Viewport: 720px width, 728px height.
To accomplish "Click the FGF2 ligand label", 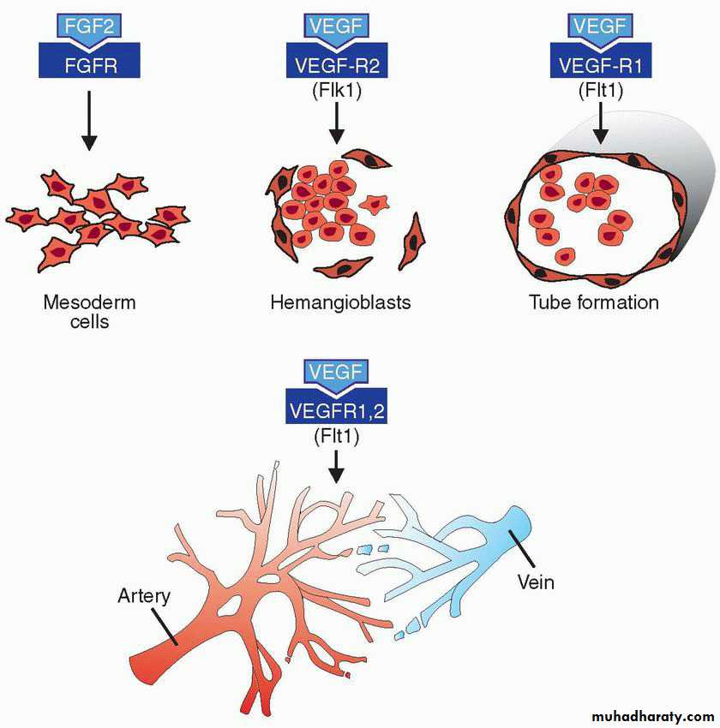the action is point(89,27).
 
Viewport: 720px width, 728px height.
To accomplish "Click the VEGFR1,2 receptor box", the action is point(336,407).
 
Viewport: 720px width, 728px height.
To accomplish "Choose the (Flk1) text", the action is point(337,90).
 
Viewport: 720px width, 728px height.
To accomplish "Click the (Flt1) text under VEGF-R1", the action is point(601,90).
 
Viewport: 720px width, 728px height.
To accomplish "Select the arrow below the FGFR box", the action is point(89,120).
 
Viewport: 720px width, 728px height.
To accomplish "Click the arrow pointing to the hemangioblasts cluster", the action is point(337,122).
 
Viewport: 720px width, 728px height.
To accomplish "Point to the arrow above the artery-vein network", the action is point(336,467).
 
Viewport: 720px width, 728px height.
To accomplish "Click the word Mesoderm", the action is point(90,302).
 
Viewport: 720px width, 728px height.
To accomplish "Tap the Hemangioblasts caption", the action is point(340,302).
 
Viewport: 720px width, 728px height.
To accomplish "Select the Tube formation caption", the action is point(594,302).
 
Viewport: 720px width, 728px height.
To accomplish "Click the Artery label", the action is point(144,596).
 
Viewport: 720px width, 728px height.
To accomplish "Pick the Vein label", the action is point(536,582).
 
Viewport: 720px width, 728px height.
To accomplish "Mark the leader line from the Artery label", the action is point(165,627).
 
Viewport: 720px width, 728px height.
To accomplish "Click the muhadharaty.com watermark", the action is point(653,716).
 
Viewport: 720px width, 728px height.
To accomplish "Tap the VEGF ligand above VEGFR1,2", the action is point(336,372).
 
